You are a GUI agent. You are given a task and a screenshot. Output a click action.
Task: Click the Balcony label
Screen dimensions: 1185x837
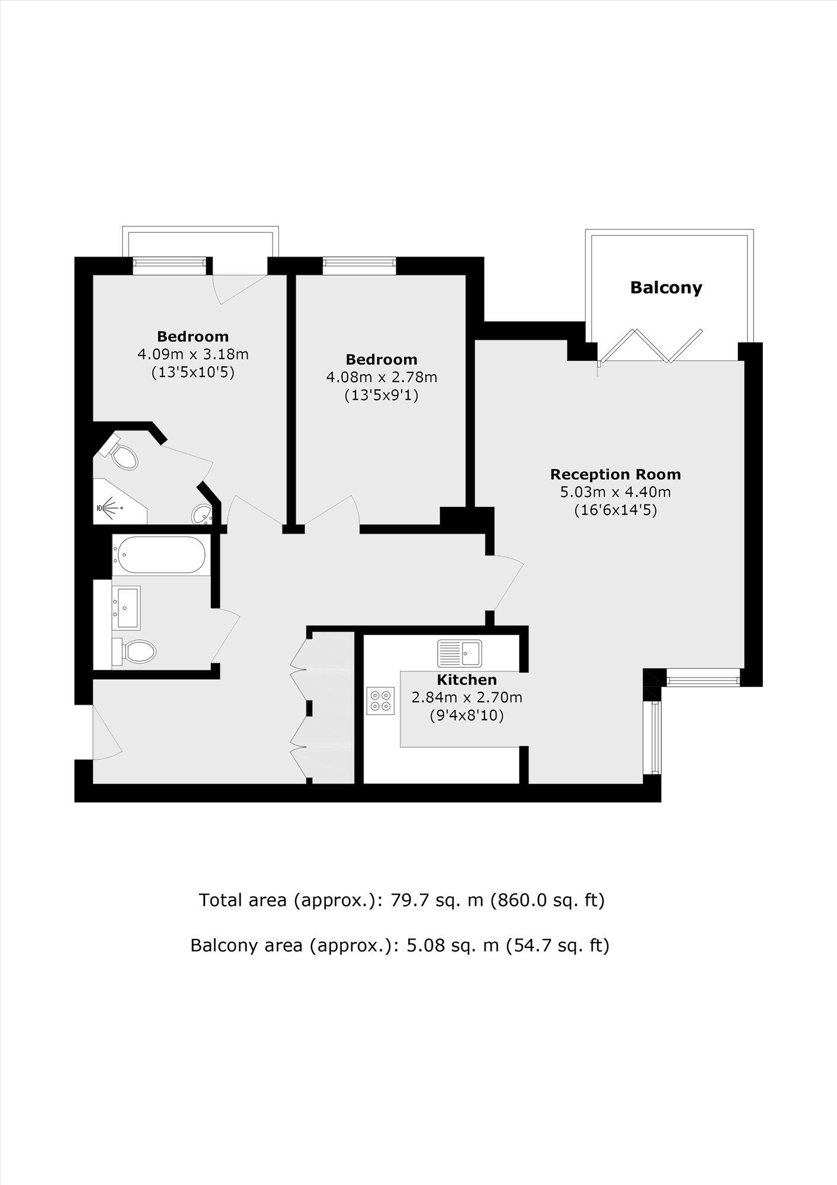[x=666, y=288]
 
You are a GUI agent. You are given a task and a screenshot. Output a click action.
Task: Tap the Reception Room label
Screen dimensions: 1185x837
[x=615, y=474]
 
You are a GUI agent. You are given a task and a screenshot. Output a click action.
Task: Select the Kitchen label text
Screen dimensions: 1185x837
[x=467, y=679]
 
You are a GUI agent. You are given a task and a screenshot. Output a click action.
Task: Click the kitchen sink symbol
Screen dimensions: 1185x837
[x=460, y=654]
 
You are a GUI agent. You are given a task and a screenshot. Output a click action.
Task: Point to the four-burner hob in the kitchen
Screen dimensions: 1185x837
[x=380, y=700]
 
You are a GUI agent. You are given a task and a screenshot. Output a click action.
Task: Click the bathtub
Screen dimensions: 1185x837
[x=161, y=555]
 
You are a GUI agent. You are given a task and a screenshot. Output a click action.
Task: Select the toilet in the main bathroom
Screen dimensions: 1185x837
[x=136, y=651]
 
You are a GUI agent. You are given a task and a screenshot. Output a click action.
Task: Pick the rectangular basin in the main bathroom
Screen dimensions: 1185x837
[x=127, y=608]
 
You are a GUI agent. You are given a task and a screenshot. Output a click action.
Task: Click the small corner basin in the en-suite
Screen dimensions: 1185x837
[x=203, y=514]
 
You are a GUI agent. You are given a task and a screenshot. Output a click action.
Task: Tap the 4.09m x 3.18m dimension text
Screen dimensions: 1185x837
[x=193, y=354]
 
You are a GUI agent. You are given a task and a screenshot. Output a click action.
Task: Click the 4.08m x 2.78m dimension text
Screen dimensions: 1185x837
[x=381, y=377]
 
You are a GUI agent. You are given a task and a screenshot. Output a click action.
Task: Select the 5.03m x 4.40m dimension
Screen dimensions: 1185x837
[x=615, y=491]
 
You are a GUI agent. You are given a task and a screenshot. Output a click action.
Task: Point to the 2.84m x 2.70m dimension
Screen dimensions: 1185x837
[x=467, y=697]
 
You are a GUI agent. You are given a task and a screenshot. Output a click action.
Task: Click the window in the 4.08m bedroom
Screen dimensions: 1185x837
[x=359, y=266]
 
